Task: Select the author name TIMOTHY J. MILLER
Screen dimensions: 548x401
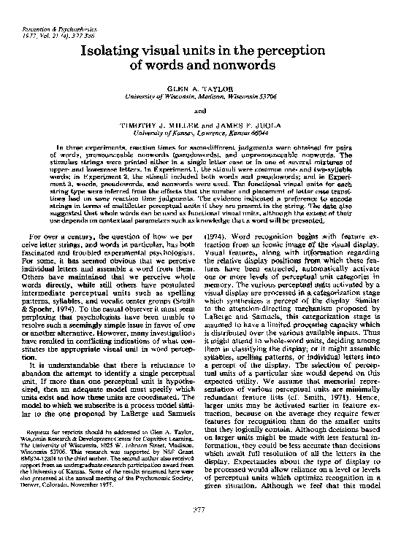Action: click(x=164, y=127)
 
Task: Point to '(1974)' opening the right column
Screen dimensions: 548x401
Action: click(x=221, y=237)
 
